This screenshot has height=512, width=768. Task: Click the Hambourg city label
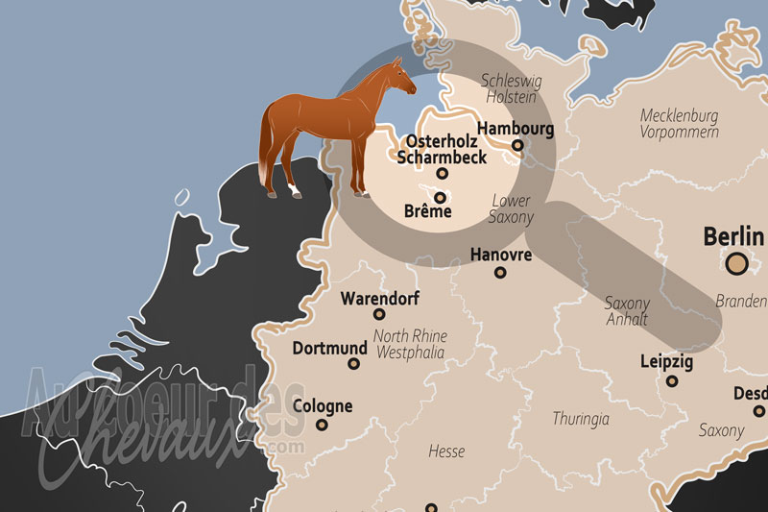point(516,128)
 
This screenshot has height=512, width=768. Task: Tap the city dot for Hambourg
point(517,146)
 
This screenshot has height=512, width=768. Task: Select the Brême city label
point(428,211)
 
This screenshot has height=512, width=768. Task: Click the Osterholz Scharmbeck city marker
point(442,174)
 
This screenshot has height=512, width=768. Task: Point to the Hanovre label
point(500,255)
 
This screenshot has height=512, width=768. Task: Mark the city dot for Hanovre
point(500,273)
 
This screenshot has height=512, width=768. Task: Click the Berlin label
point(733,236)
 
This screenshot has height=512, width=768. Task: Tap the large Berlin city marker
point(737,262)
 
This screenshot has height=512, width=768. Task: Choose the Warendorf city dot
point(379,314)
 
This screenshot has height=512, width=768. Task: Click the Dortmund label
point(329,348)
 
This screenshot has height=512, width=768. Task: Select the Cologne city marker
point(322,425)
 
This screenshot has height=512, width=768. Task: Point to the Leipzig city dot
point(671,382)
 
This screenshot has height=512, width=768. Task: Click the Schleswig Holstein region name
point(512,89)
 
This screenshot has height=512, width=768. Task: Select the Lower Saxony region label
point(511,209)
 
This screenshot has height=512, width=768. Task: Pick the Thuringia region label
point(581,419)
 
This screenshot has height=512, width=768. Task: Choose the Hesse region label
point(445,451)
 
